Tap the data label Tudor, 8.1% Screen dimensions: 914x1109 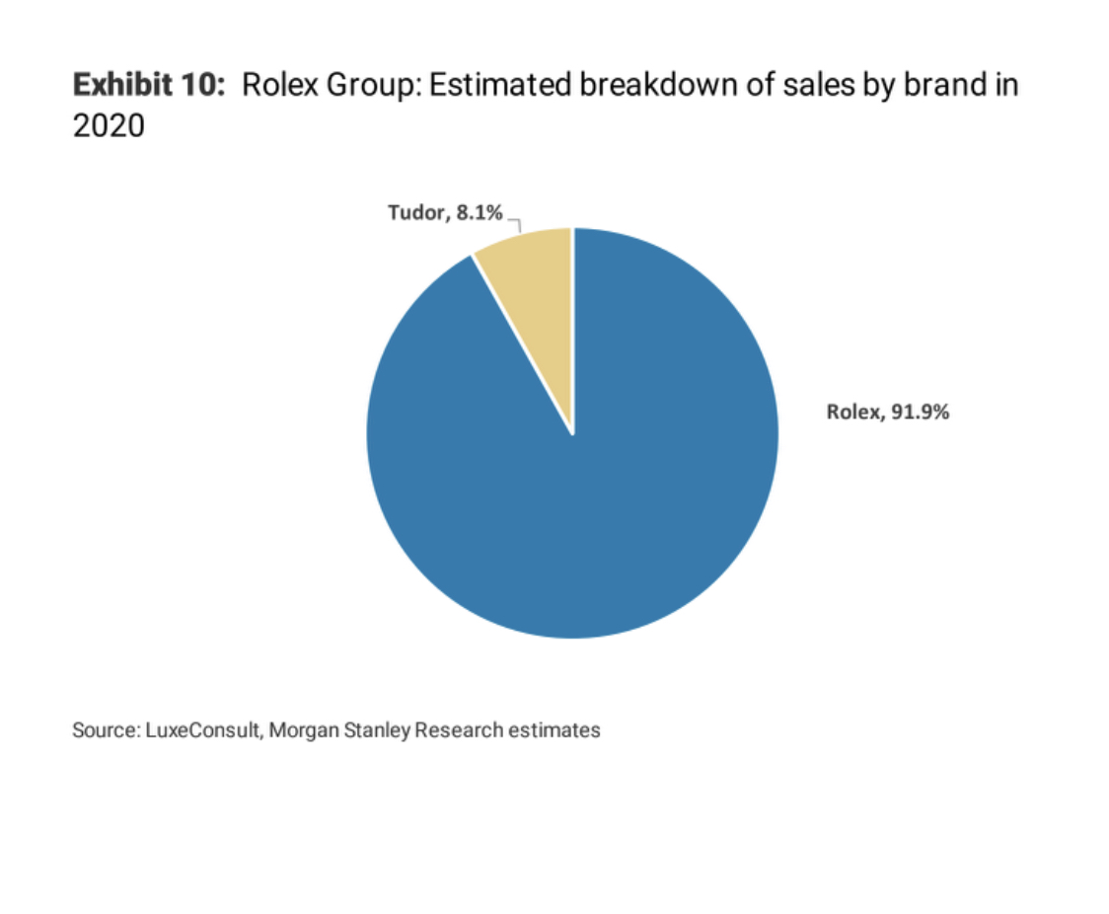[445, 213]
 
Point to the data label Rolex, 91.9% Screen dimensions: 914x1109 [888, 413]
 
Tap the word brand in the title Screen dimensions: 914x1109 [926, 86]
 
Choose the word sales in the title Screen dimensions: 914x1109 [813, 86]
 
